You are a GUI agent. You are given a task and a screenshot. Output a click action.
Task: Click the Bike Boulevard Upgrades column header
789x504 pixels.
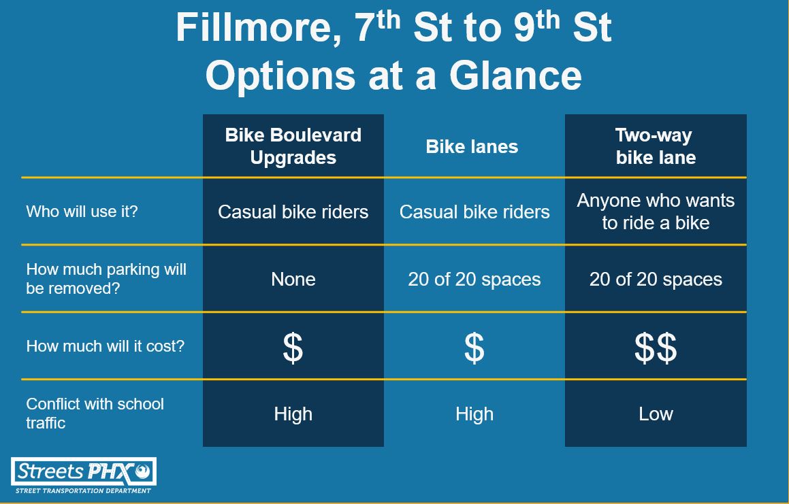293,146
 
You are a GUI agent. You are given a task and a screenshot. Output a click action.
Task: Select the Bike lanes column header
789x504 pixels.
472,146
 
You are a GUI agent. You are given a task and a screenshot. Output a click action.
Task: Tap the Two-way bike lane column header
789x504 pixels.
656,146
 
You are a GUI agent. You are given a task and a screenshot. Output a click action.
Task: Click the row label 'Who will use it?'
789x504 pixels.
82,212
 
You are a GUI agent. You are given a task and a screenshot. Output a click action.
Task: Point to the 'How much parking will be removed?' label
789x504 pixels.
106,279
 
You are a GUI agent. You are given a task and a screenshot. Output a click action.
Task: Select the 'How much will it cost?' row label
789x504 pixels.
105,346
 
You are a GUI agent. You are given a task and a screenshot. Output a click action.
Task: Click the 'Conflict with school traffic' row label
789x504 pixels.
95,413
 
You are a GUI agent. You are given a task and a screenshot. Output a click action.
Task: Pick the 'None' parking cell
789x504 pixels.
293,279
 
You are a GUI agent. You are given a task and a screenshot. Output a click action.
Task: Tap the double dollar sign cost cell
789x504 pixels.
656,348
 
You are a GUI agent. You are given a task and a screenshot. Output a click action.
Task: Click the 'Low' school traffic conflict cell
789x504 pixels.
656,414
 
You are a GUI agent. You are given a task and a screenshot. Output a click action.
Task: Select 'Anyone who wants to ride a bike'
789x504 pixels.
656,212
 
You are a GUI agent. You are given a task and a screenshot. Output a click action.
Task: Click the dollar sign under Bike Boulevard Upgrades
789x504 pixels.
293,348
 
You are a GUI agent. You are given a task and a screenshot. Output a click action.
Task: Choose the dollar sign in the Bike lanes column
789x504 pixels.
474,348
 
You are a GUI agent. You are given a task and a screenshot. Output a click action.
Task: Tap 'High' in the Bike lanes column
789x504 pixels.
474,414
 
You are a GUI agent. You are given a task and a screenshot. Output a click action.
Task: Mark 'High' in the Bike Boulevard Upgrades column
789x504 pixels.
293,414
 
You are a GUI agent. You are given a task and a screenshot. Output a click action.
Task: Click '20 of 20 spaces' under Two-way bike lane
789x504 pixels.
656,279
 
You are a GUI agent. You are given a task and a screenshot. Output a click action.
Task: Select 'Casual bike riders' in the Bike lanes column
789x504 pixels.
474,212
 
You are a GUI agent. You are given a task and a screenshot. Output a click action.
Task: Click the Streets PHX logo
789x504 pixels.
84,475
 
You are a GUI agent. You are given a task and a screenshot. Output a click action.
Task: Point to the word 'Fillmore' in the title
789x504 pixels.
259,28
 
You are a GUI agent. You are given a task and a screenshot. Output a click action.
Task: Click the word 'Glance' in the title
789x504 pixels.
515,75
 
